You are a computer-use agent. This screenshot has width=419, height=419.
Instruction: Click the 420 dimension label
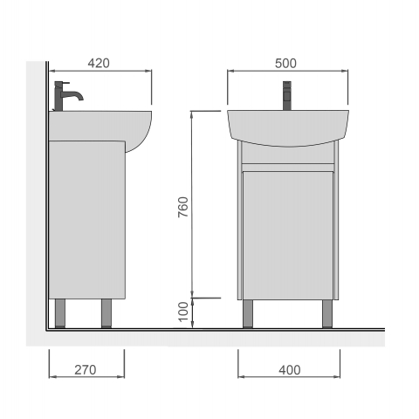pos(99,63)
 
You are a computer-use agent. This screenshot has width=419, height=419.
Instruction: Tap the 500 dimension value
pos(285,64)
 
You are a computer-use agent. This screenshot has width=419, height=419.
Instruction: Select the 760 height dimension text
pos(183,207)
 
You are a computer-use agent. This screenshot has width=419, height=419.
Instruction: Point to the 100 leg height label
pos(183,312)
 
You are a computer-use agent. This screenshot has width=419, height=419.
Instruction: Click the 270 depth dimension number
pos(86,370)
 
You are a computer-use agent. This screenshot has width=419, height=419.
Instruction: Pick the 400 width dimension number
pos(290,370)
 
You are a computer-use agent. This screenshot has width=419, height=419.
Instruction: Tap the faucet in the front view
pos(287,96)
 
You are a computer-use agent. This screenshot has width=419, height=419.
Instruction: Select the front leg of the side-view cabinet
pos(106,313)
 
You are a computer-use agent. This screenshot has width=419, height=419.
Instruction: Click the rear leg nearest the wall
pos(60,313)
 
